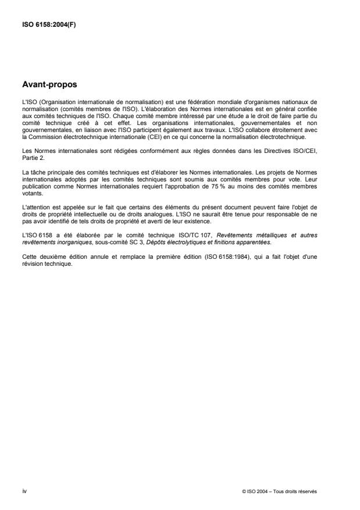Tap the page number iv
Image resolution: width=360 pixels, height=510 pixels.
[24, 491]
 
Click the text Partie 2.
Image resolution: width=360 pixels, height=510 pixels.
[33, 156]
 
